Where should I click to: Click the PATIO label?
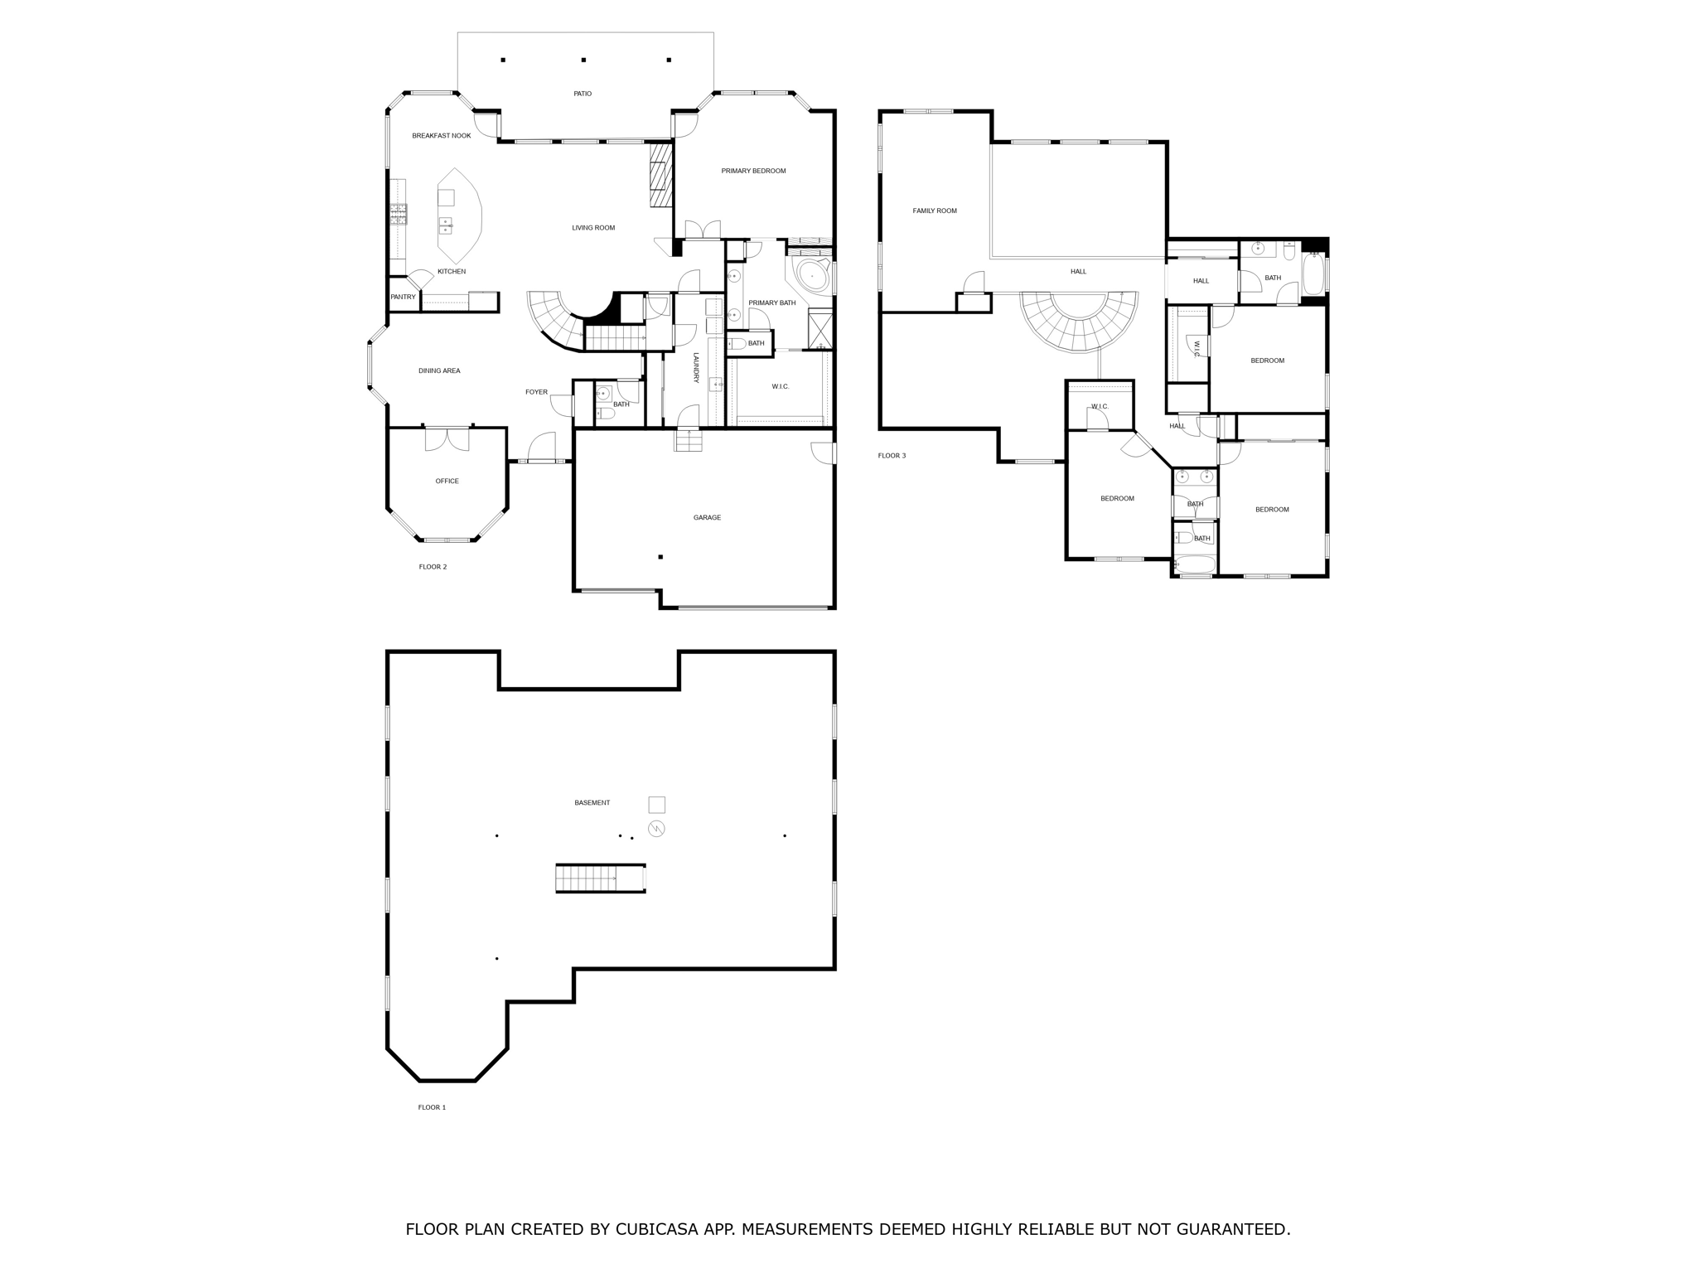tap(583, 94)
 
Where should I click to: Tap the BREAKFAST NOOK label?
tap(441, 136)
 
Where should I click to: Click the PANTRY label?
tap(403, 297)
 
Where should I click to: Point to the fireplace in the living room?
tap(660, 176)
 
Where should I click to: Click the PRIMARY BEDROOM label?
tap(753, 172)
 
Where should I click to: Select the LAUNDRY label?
tap(696, 367)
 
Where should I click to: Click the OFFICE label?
tap(447, 482)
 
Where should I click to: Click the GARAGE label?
tap(707, 518)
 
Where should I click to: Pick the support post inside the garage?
tap(660, 557)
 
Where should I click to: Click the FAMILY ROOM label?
tap(935, 211)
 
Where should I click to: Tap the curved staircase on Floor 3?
tap(1078, 323)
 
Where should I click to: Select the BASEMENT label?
tap(592, 803)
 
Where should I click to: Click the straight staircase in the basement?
tap(599, 878)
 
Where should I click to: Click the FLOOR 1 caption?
tap(432, 1107)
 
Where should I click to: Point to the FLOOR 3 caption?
tap(892, 456)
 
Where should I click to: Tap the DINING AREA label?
tap(439, 371)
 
